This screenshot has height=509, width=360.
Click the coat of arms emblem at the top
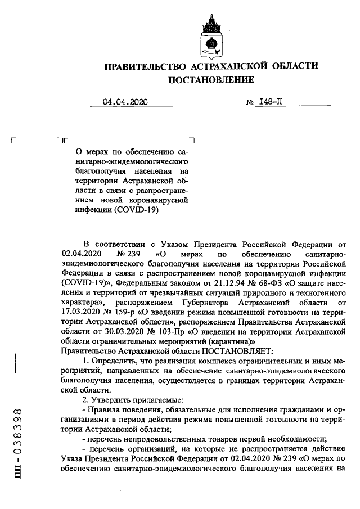[212, 37]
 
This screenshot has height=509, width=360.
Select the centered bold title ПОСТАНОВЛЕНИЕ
[212, 80]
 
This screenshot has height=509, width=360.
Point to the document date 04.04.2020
[125, 102]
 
